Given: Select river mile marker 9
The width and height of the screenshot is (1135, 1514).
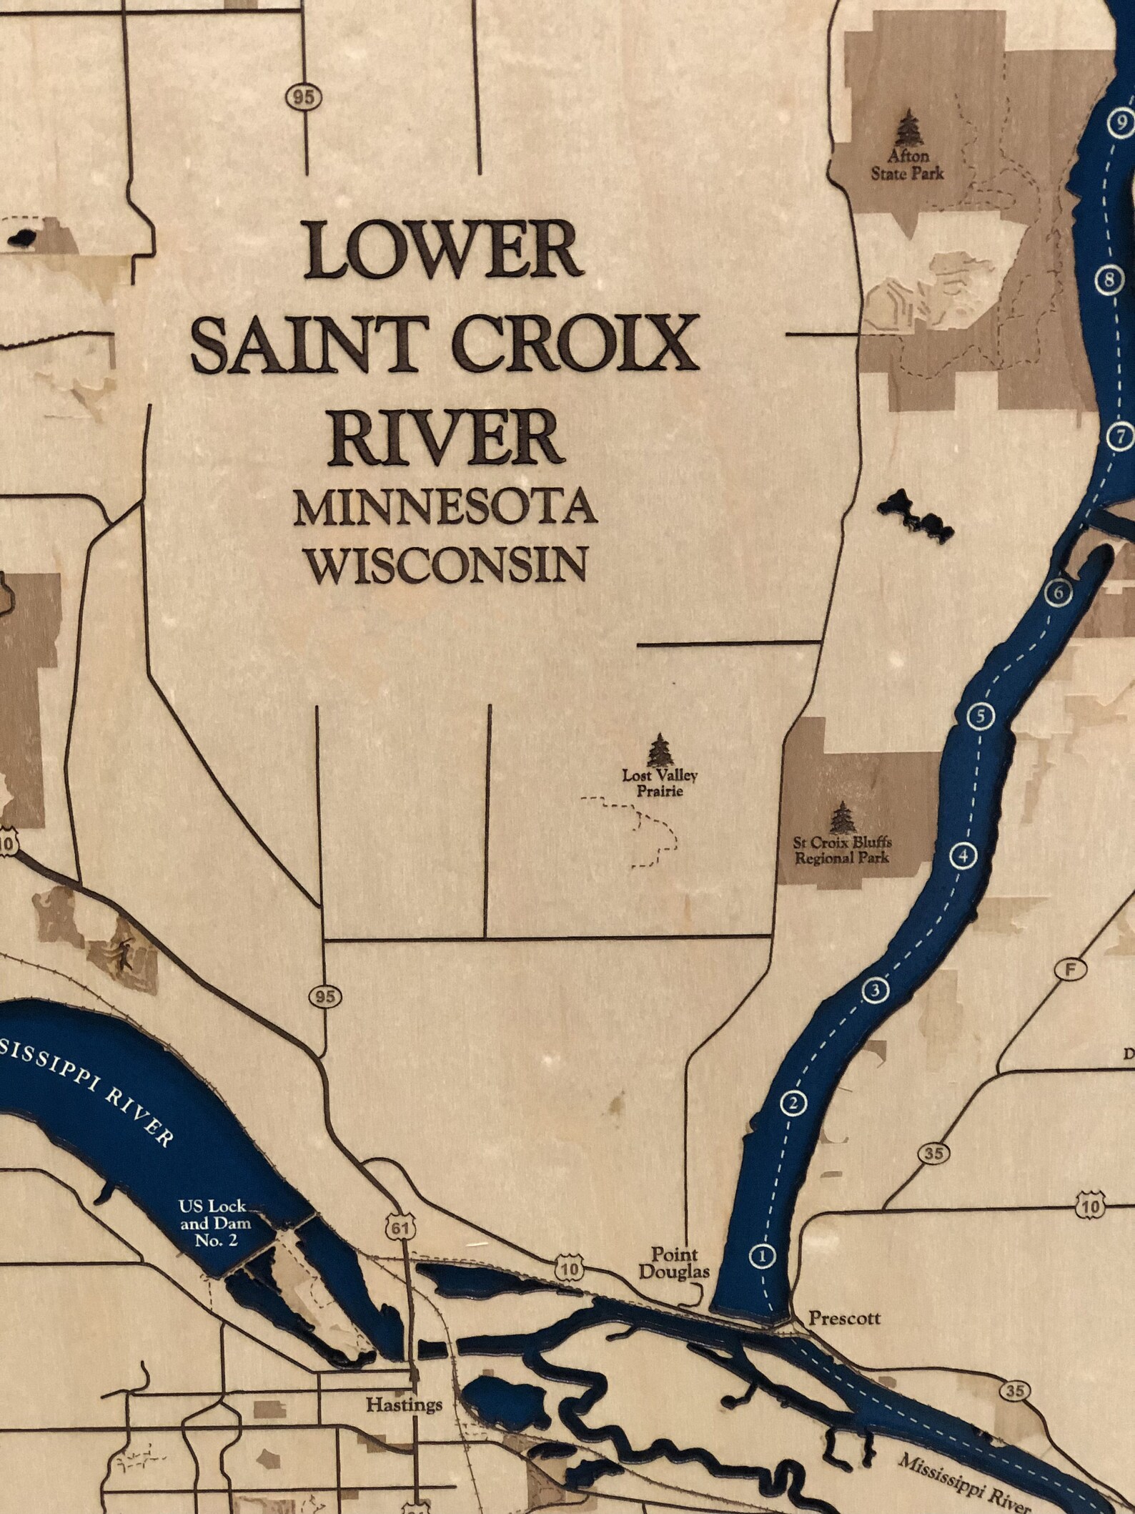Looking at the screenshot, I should pos(1120,122).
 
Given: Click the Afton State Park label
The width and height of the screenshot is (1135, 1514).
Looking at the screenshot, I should pos(907,164).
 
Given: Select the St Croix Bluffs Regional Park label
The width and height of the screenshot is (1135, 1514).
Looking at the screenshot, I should pos(842,850).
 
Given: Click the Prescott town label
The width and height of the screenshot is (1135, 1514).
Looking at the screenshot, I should pos(844,1317).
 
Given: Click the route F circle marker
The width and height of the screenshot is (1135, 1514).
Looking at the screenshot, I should pos(1070,970).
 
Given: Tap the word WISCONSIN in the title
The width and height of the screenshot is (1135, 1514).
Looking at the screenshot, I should pos(447,564).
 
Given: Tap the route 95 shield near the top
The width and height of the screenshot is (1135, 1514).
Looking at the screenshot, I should pos(303,97).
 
